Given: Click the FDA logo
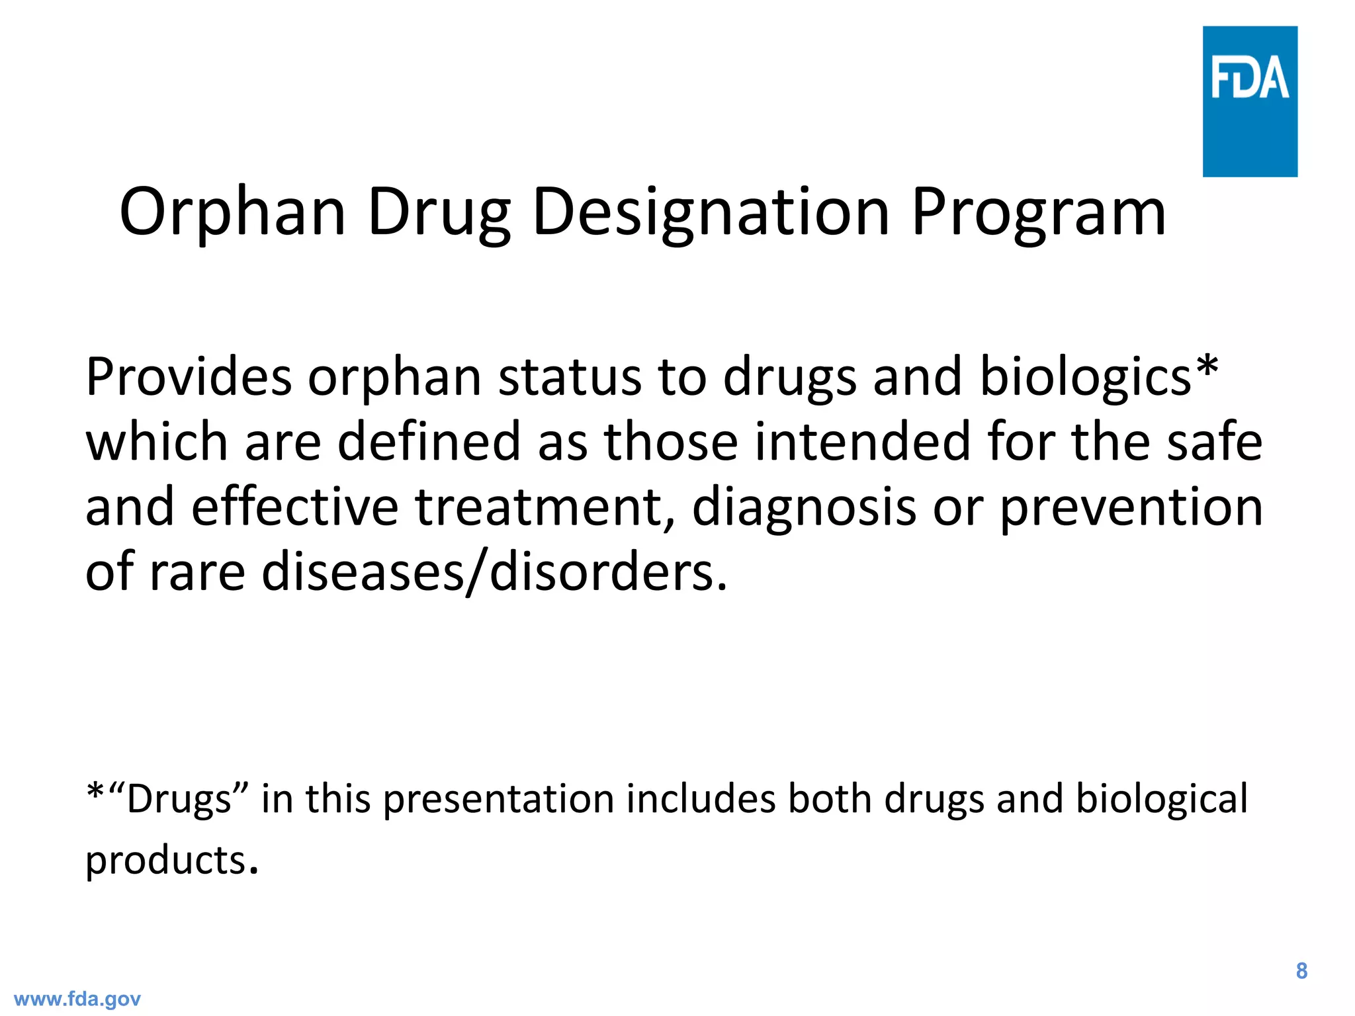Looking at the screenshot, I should click(x=1249, y=101).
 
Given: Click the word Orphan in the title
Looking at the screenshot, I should click(x=232, y=212).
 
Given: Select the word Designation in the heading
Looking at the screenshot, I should click(x=711, y=212).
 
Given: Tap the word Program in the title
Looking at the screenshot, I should click(x=1039, y=212).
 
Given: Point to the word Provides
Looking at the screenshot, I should click(x=189, y=377).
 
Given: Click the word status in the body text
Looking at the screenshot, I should click(x=570, y=377).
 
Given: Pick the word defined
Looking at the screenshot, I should click(x=429, y=442).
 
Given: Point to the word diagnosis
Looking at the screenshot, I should click(x=804, y=507).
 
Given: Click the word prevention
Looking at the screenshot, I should click(x=1131, y=507).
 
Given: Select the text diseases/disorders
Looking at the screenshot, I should click(x=494, y=571).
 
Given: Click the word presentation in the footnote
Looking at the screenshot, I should click(x=499, y=799).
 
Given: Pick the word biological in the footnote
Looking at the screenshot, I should click(x=1161, y=799).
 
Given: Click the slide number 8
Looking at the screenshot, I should click(x=1301, y=971).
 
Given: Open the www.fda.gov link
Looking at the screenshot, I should click(x=77, y=999).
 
